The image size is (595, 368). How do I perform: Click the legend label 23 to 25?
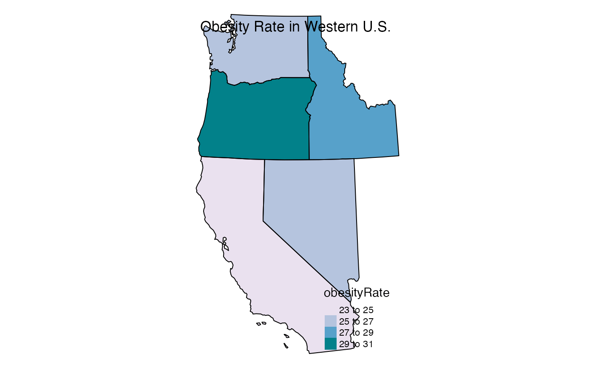[x=356, y=310]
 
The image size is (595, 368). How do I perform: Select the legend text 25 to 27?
[x=356, y=321]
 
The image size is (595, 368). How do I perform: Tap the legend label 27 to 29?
[x=356, y=332]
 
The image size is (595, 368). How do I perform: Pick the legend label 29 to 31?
[x=356, y=344]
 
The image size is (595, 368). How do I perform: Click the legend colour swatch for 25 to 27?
[x=330, y=321]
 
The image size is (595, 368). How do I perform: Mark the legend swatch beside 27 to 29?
[x=330, y=332]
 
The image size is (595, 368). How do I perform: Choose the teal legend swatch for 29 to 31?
[x=330, y=344]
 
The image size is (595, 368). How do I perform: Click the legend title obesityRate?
[x=357, y=293]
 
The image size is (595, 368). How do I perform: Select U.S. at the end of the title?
[x=375, y=27]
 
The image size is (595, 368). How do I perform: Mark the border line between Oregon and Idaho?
[x=309, y=136]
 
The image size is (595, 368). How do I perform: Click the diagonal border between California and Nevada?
[x=297, y=251]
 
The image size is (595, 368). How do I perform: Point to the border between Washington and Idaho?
[x=308, y=47]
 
